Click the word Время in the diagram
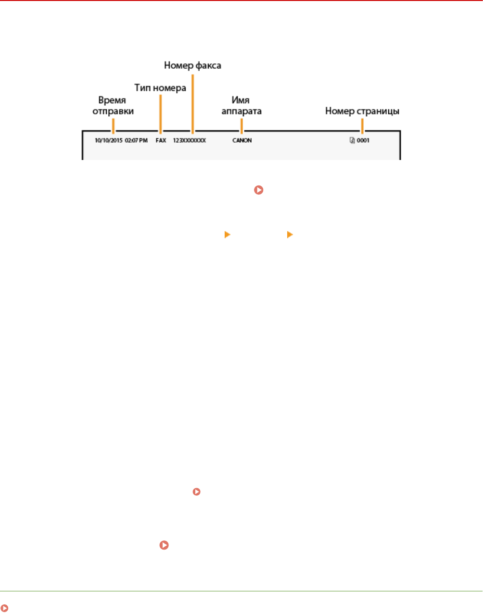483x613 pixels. pos(112,100)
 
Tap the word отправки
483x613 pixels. pos(113,111)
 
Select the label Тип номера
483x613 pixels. pos(160,88)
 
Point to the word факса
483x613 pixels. pos(207,65)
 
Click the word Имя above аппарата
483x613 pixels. pos(241,100)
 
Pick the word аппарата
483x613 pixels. pos(241,111)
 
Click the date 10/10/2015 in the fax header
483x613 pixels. pos(108,141)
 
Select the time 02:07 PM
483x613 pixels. pos(136,141)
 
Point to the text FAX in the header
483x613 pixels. pos(161,141)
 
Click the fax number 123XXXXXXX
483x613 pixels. pos(190,141)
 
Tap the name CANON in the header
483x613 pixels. pos(242,141)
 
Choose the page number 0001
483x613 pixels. pos(363,141)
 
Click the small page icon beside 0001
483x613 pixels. pos(352,141)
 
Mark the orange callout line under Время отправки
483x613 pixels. pos(113,126)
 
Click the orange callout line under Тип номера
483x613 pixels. pos(160,113)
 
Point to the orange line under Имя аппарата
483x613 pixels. pos(241,126)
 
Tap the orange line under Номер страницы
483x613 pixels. pos(362,126)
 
